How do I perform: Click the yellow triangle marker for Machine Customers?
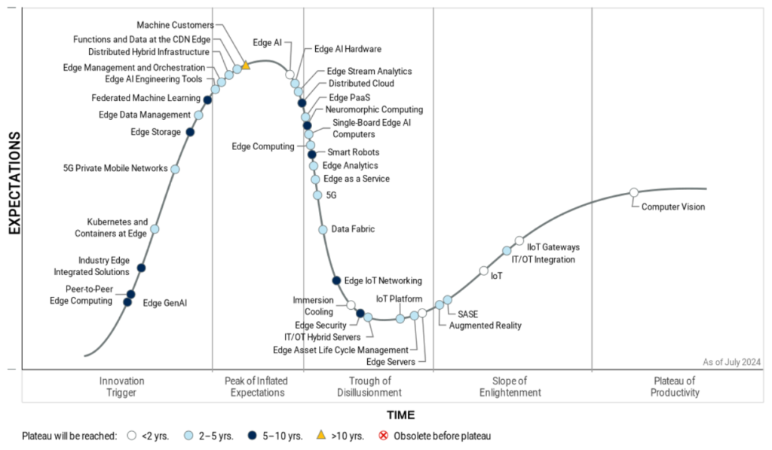(246, 65)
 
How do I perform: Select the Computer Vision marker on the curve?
(634, 193)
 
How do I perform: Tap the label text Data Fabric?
(353, 229)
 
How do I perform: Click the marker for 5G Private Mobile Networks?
(175, 169)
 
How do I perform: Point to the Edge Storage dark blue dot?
(190, 132)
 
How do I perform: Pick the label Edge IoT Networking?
(383, 281)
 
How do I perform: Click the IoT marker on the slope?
(483, 271)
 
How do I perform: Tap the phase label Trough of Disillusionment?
(370, 387)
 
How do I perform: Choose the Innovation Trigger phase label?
(121, 387)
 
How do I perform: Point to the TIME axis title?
(400, 415)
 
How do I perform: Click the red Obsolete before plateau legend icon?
(383, 436)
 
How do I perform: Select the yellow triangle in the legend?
(320, 435)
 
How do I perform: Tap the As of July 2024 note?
(731, 363)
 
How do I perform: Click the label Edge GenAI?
(164, 304)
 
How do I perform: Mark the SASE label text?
(468, 314)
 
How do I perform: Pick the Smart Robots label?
(348, 152)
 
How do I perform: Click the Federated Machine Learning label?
(146, 98)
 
